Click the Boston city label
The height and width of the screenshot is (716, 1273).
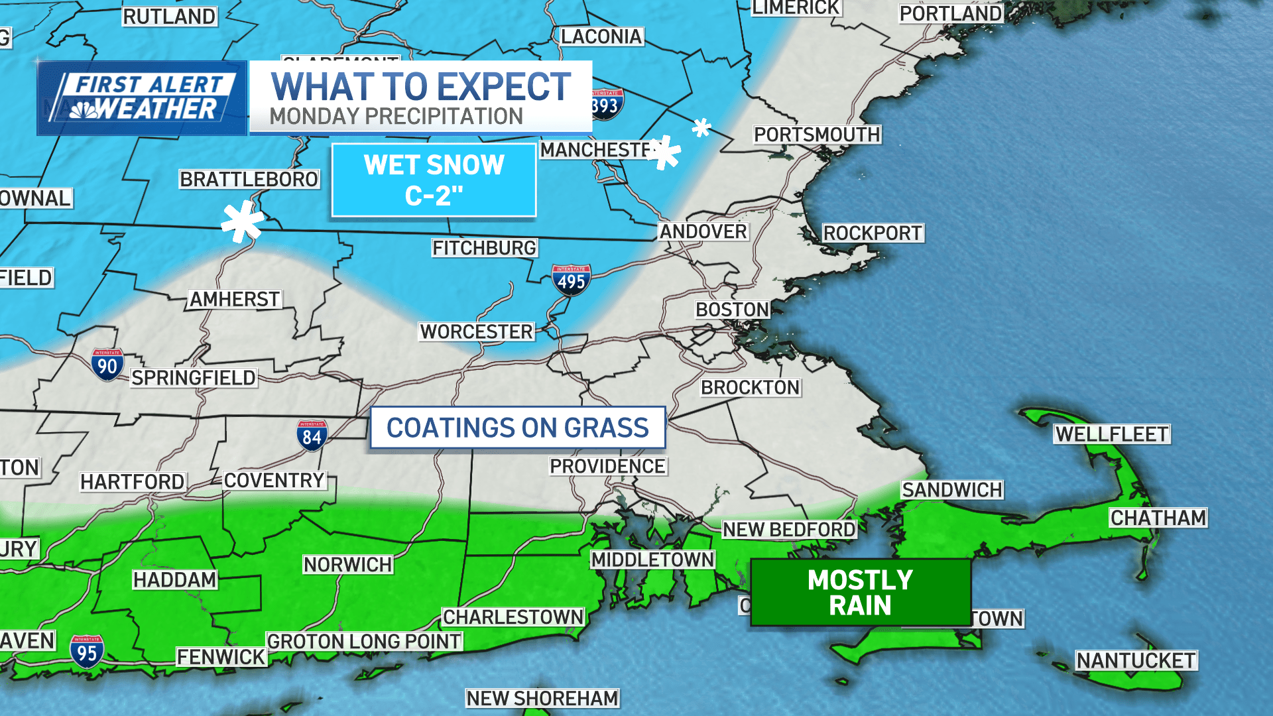tap(732, 310)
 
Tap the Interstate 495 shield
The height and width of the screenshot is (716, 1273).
tap(571, 280)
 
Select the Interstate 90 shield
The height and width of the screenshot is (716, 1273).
tap(107, 365)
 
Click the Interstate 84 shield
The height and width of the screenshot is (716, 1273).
tap(312, 436)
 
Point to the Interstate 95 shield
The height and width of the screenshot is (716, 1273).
tap(87, 652)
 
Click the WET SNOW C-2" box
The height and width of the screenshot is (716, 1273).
tap(434, 180)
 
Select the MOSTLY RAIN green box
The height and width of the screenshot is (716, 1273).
tap(860, 593)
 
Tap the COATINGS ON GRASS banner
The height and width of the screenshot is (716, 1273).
tap(517, 428)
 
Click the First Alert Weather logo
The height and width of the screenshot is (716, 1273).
tap(142, 98)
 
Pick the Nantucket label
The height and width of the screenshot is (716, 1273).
tap(1136, 660)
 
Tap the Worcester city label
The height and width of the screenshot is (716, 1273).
tap(476, 331)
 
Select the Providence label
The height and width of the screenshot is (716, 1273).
tap(607, 466)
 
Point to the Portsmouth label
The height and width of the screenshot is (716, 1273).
tap(817, 135)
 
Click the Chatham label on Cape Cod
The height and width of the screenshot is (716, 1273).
tap(1158, 518)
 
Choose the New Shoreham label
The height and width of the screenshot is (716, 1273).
tap(542, 698)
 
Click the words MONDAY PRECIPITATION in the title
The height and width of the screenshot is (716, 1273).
tap(396, 117)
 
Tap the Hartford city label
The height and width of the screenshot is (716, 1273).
tap(133, 481)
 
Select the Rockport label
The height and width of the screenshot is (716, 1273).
tap(873, 233)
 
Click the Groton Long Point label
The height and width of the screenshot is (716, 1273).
tap(364, 641)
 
